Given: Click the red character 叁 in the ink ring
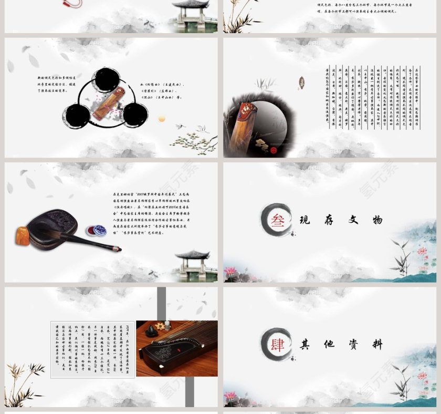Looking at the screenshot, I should tap(278, 220).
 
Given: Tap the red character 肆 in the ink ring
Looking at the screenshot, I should tap(278, 345).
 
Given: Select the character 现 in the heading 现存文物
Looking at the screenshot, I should tap(304, 221).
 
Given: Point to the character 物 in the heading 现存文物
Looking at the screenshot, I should tap(377, 221).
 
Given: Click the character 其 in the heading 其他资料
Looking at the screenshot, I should tap(304, 345).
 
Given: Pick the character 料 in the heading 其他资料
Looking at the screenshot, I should tap(377, 345).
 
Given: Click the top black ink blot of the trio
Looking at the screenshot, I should tap(107, 80).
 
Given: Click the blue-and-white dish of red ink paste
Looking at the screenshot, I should tap(96, 230).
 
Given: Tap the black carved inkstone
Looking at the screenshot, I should tap(53, 225).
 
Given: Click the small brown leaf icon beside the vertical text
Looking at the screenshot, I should tap(301, 82).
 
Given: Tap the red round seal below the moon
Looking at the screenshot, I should tap(273, 150).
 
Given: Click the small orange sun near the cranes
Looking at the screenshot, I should tap(162, 119).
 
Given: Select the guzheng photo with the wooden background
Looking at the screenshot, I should tap(176, 348).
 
